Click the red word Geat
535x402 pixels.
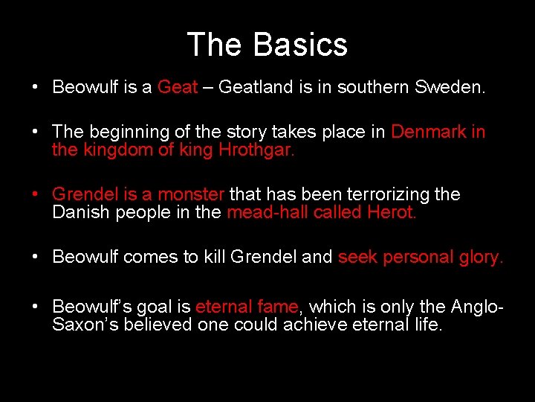tap(178, 87)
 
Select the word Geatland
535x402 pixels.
tap(256, 87)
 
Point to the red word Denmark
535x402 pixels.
tap(429, 132)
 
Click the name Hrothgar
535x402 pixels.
tap(256, 150)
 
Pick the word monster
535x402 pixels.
tap(190, 194)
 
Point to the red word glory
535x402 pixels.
tap(480, 258)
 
